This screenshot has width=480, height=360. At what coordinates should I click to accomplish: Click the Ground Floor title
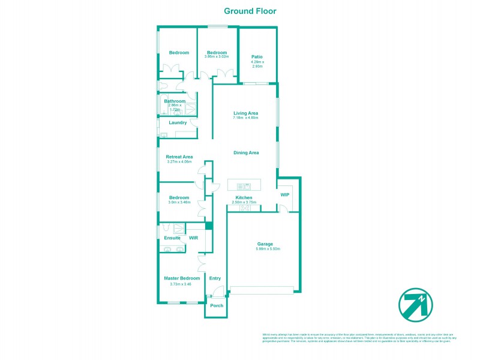click(x=250, y=11)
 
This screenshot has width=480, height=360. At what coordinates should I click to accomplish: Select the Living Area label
click(x=245, y=113)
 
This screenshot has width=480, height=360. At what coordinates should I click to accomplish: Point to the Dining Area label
click(x=246, y=152)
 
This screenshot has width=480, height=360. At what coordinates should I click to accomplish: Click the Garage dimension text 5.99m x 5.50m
click(x=265, y=249)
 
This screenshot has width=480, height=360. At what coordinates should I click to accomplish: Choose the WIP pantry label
click(x=285, y=195)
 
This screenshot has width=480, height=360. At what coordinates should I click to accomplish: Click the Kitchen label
click(x=244, y=197)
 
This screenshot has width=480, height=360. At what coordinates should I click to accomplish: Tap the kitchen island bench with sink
click(x=244, y=185)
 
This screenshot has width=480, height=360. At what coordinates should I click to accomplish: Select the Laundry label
click(x=178, y=122)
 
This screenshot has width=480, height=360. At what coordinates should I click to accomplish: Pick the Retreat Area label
click(x=179, y=157)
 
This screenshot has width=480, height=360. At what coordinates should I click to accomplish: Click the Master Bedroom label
click(x=182, y=278)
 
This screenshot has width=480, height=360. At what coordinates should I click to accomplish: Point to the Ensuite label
click(x=172, y=238)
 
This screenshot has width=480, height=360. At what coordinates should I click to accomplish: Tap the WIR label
click(x=194, y=238)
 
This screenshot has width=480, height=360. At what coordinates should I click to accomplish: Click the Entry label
click(x=215, y=278)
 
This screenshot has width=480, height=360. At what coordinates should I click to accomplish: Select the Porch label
click(x=217, y=305)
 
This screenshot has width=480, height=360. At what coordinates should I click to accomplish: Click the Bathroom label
click(x=175, y=101)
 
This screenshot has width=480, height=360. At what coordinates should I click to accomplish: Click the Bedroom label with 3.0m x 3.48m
click(x=179, y=197)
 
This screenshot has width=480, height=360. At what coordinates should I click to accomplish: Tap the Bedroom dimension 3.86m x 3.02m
click(x=216, y=57)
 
